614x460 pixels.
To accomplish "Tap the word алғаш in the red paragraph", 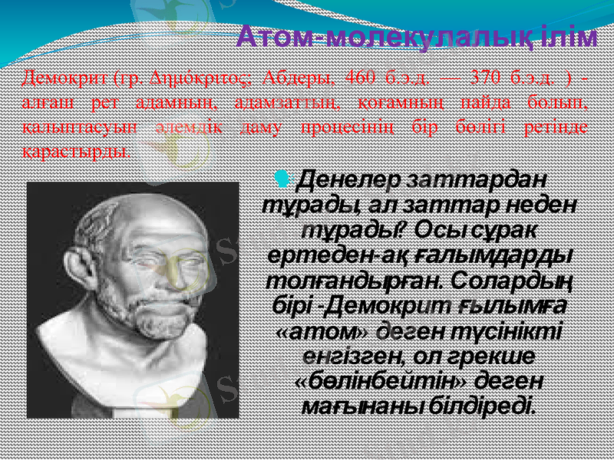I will tap(45, 102).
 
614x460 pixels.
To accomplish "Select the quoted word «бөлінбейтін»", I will tap(381, 381).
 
